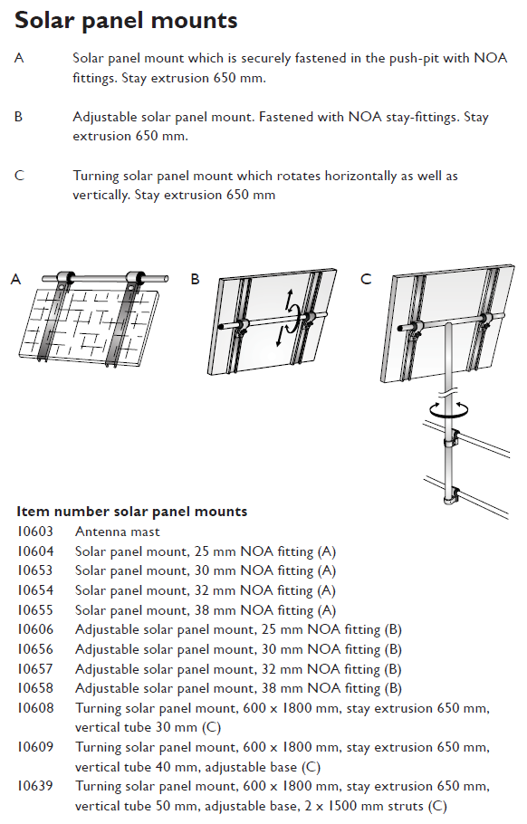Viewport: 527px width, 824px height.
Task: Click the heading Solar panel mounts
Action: point(127,20)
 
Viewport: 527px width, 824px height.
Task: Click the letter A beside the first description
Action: point(19,59)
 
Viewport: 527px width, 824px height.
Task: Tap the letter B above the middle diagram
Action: point(195,280)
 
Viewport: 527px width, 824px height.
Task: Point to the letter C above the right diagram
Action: point(366,280)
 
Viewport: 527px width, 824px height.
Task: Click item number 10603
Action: point(34,532)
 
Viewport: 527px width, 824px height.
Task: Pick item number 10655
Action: point(34,609)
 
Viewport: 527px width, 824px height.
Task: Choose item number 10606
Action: point(34,629)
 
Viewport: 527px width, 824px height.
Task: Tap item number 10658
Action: point(34,688)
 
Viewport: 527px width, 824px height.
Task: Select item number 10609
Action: point(34,747)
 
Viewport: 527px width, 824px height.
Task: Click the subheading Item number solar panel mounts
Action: point(132,512)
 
